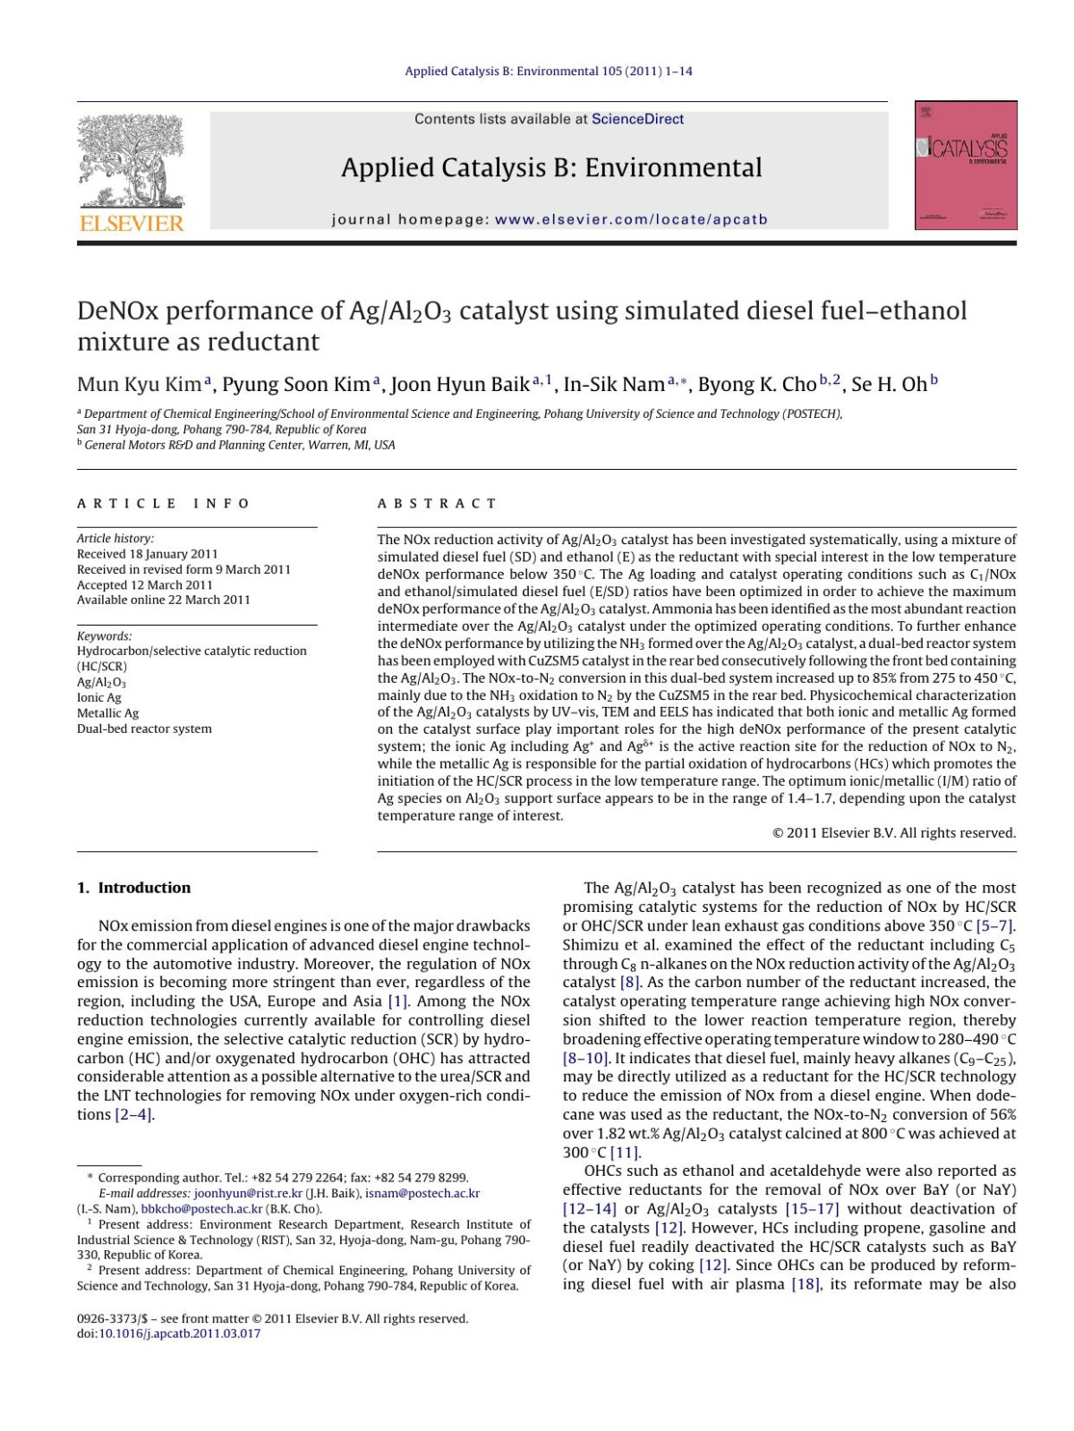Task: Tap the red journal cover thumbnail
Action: click(966, 166)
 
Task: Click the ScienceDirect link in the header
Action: click(637, 119)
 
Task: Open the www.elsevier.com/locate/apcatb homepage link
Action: click(631, 219)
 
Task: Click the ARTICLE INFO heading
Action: click(164, 504)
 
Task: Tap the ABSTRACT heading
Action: click(437, 504)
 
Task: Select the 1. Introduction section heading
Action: click(133, 888)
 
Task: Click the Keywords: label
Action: click(105, 635)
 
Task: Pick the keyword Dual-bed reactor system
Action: click(144, 728)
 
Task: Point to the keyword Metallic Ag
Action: click(107, 713)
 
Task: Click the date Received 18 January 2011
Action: click(147, 554)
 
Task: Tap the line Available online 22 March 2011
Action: click(163, 600)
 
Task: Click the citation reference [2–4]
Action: click(134, 1114)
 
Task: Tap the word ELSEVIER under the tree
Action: click(131, 223)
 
